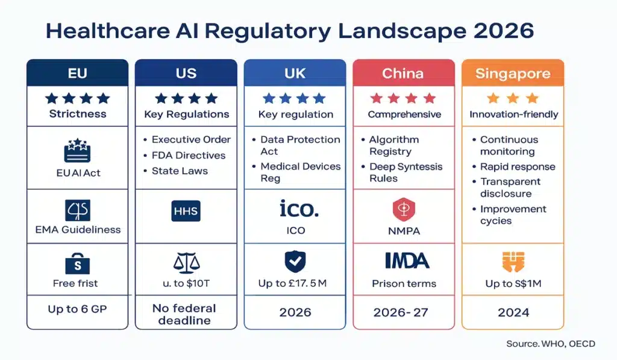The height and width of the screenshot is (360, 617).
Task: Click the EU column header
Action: tap(77, 74)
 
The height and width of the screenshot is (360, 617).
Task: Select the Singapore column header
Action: tap(513, 74)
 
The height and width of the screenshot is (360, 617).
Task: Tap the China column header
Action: tap(404, 74)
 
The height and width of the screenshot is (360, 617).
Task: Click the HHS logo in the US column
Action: tap(186, 211)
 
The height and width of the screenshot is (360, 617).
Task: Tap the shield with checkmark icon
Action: tap(295, 261)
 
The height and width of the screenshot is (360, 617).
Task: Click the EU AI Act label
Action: tap(75, 173)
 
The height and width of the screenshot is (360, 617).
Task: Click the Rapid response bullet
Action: tap(517, 167)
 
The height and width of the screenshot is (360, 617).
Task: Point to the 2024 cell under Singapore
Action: tap(513, 312)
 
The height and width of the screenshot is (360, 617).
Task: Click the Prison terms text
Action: tap(404, 284)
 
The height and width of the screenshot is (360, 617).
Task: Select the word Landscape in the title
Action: tap(402, 31)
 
